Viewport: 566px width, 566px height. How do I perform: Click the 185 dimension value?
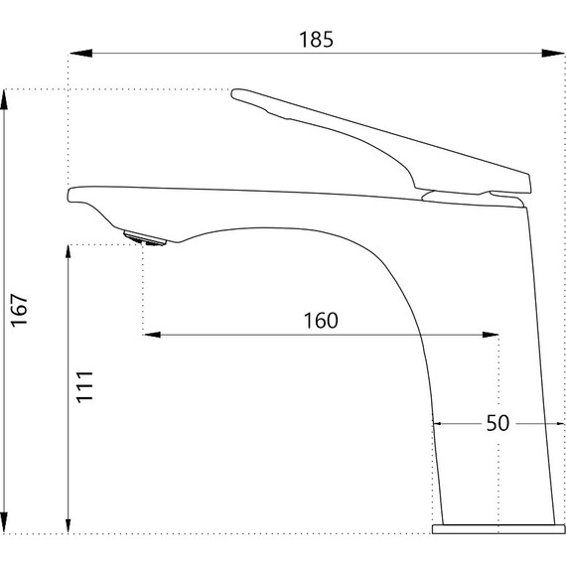316,40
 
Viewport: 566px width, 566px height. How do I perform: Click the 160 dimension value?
321,320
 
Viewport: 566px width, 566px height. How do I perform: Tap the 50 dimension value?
496,423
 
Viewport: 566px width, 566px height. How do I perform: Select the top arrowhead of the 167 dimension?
8,97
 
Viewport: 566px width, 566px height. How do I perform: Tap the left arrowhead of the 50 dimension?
439,423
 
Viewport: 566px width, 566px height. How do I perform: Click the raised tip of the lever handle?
238,95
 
